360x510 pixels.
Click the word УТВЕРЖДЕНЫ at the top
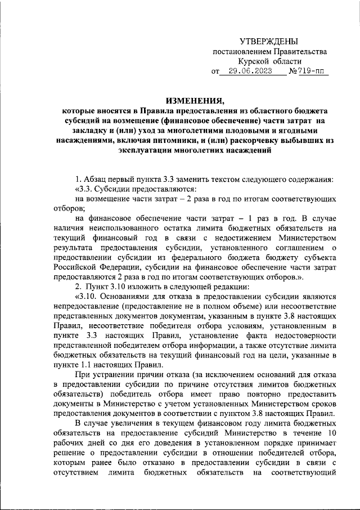click(x=269, y=42)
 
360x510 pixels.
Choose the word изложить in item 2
click(x=136, y=286)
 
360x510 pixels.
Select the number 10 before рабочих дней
click(x=332, y=432)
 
